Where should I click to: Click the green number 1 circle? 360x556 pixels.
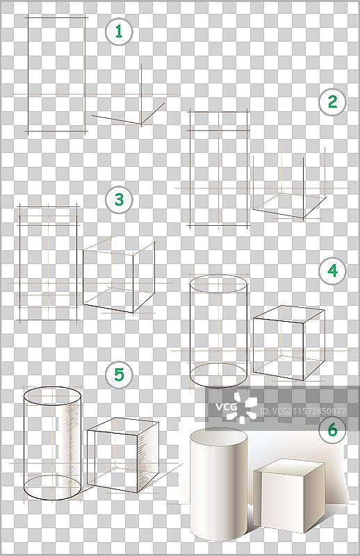(x=119, y=31)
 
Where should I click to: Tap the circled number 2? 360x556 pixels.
(x=332, y=102)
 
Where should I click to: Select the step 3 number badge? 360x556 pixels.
(x=119, y=199)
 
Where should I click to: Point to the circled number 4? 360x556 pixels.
(x=332, y=270)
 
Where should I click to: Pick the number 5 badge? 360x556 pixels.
(x=119, y=375)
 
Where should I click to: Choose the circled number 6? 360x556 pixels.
(x=332, y=430)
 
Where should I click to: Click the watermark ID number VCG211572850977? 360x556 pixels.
(x=302, y=411)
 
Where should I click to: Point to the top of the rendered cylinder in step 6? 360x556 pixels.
(x=218, y=436)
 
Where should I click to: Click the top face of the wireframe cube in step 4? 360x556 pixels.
(x=288, y=314)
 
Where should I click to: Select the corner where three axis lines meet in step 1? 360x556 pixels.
(x=141, y=124)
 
